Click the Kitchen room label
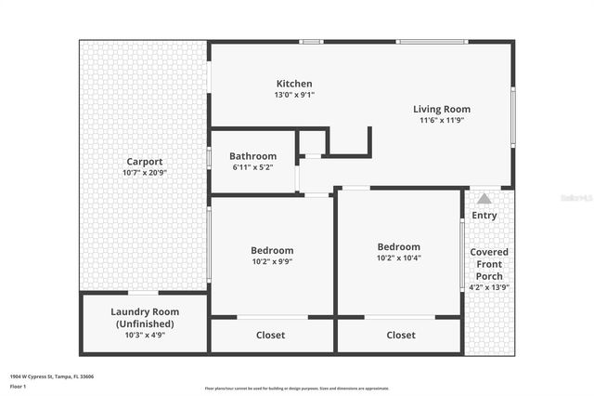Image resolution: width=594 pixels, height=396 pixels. click(x=294, y=84)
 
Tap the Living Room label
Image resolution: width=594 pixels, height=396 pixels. click(x=442, y=109)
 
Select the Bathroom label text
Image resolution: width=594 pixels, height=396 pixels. click(x=253, y=156)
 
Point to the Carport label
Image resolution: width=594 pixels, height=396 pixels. click(x=145, y=162)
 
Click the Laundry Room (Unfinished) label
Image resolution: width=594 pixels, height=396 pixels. click(x=145, y=317)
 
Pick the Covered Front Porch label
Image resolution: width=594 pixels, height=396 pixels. click(x=488, y=264)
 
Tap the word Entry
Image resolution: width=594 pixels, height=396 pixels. click(x=484, y=216)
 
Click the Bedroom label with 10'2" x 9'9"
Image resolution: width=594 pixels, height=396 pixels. click(x=272, y=250)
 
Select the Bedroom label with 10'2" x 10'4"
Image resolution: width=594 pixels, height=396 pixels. click(x=399, y=246)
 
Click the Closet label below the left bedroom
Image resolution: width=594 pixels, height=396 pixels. click(x=271, y=335)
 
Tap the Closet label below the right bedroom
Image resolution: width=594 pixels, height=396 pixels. click(x=401, y=335)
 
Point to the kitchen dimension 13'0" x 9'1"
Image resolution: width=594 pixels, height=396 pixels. click(x=294, y=95)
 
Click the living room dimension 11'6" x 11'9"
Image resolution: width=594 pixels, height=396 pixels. click(x=442, y=120)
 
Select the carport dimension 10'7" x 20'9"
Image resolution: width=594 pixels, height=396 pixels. click(x=145, y=173)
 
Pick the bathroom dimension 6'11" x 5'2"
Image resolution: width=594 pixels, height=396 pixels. click(x=253, y=167)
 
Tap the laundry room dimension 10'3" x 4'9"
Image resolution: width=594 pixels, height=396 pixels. click(x=145, y=336)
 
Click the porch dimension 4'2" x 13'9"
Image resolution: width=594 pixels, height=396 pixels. click(x=488, y=287)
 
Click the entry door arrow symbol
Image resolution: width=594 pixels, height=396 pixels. click(x=484, y=198)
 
